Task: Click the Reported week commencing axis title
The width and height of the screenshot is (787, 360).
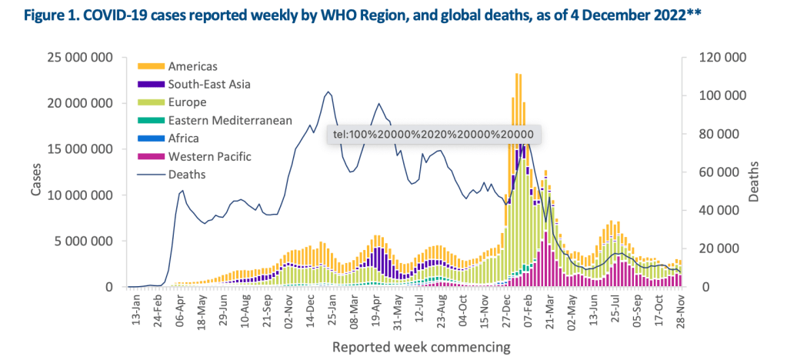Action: tap(421, 347)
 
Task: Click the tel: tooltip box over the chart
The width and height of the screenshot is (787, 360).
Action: tap(433, 134)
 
